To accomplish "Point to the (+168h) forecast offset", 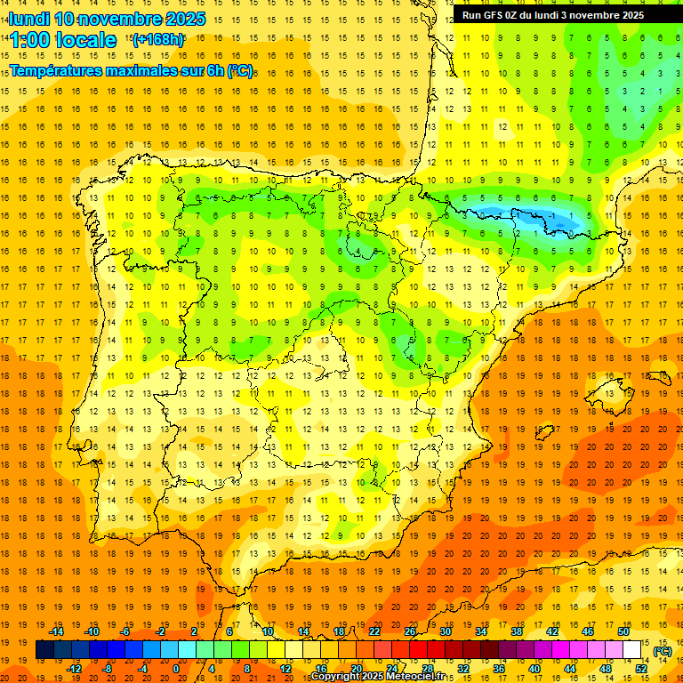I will tap(157, 40).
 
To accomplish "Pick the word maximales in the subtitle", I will tap(146, 70).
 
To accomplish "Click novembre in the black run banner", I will tap(593, 15).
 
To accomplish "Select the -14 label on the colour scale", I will tap(57, 631).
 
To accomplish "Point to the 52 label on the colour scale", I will tap(641, 668).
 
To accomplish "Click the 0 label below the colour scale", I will tap(176, 668).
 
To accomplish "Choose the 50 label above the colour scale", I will tap(623, 631).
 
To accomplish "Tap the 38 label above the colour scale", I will tap(517, 631).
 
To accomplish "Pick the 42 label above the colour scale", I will tap(552, 631).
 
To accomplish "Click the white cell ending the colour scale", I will tap(632, 650).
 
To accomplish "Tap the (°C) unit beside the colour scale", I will tap(662, 651).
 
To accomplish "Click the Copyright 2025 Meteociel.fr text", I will tap(377, 677).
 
